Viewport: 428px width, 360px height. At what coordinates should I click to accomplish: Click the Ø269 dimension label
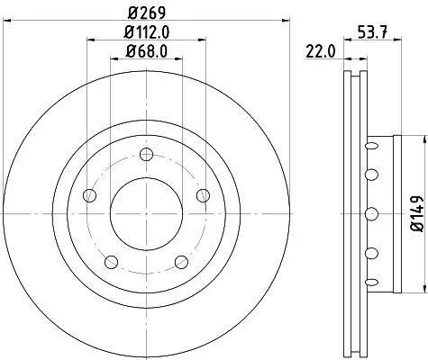(147, 13)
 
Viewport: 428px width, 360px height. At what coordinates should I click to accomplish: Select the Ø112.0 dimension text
(147, 32)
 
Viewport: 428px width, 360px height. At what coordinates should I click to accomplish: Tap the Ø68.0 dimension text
(146, 51)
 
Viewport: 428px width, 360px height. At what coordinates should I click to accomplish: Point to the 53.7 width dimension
(373, 31)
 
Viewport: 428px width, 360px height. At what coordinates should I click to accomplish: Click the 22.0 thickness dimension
(320, 51)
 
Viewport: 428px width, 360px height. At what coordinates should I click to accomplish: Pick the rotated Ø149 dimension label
(417, 213)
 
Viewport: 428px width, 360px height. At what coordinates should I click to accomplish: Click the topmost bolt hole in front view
(147, 155)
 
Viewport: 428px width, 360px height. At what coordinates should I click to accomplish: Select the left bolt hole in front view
(89, 195)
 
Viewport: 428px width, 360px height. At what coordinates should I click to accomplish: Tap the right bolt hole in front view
(204, 195)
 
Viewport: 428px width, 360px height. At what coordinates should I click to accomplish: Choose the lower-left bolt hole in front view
(111, 262)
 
